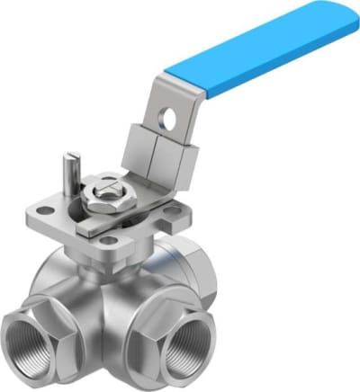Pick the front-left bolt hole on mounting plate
109,239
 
